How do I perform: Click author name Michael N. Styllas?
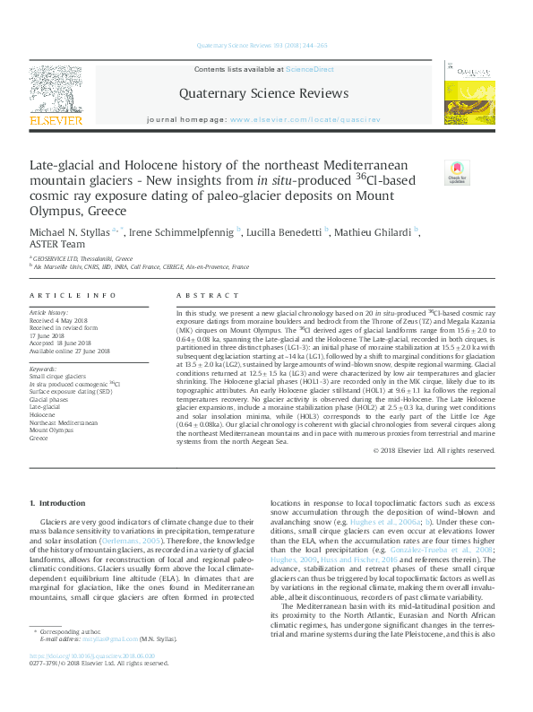pos(73,233)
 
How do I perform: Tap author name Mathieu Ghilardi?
pos(373,233)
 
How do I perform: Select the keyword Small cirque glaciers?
pos(58,377)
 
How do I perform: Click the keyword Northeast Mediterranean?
pos(64,423)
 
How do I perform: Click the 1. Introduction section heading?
pos(57,504)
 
